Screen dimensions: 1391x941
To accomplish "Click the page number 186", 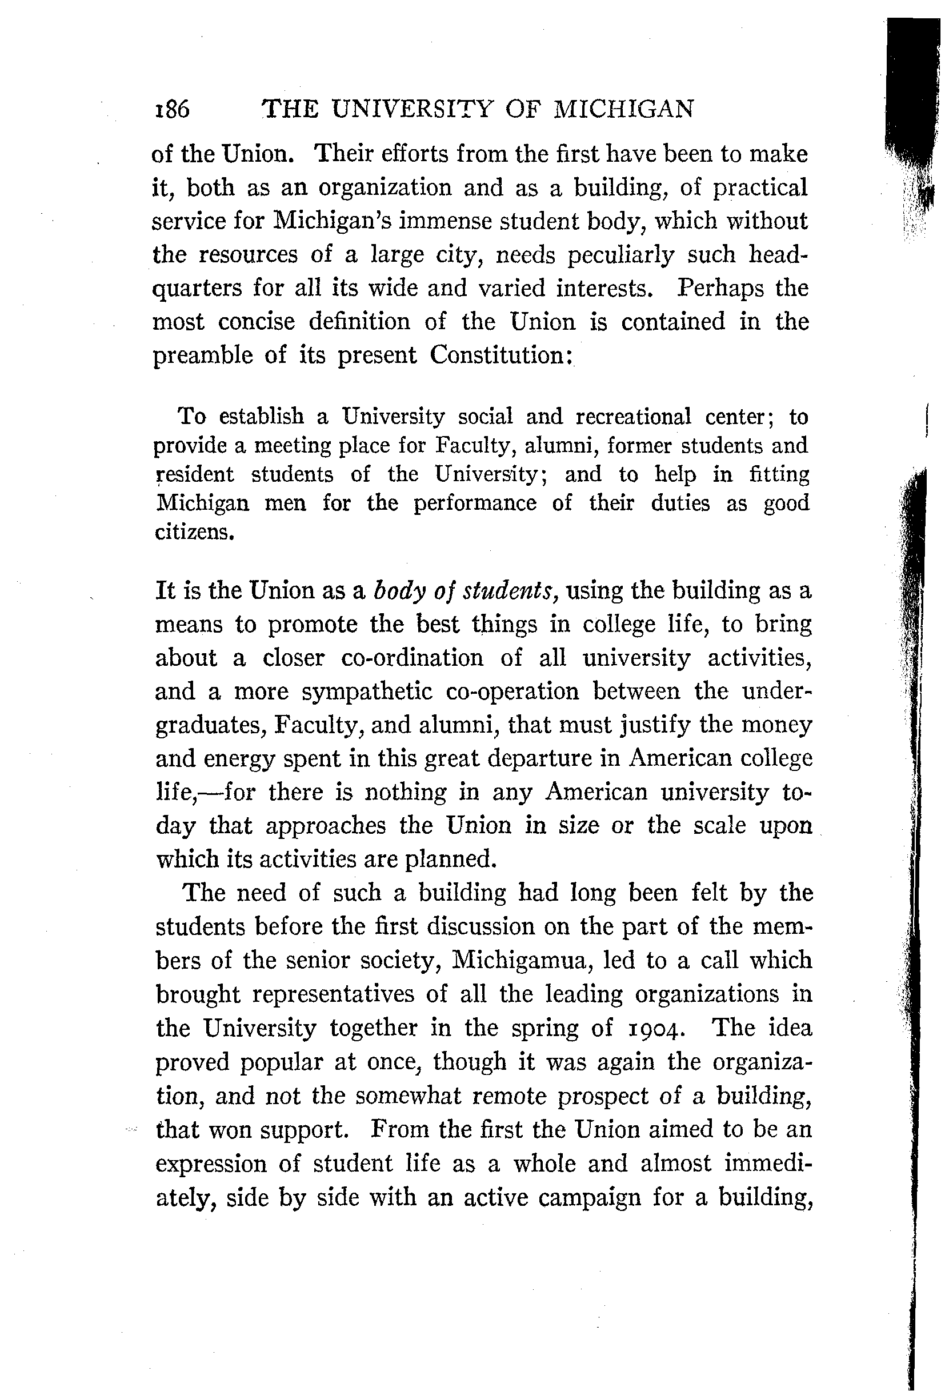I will click(x=173, y=110).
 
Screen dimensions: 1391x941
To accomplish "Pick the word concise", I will click(x=256, y=322).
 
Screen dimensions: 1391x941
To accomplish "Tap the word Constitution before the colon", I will click(x=497, y=355).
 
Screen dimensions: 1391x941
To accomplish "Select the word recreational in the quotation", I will click(x=634, y=416).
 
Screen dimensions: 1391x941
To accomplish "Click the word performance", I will click(x=475, y=503).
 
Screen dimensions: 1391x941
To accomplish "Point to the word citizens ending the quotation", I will click(x=193, y=532).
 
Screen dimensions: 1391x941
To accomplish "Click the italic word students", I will click(x=508, y=591).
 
